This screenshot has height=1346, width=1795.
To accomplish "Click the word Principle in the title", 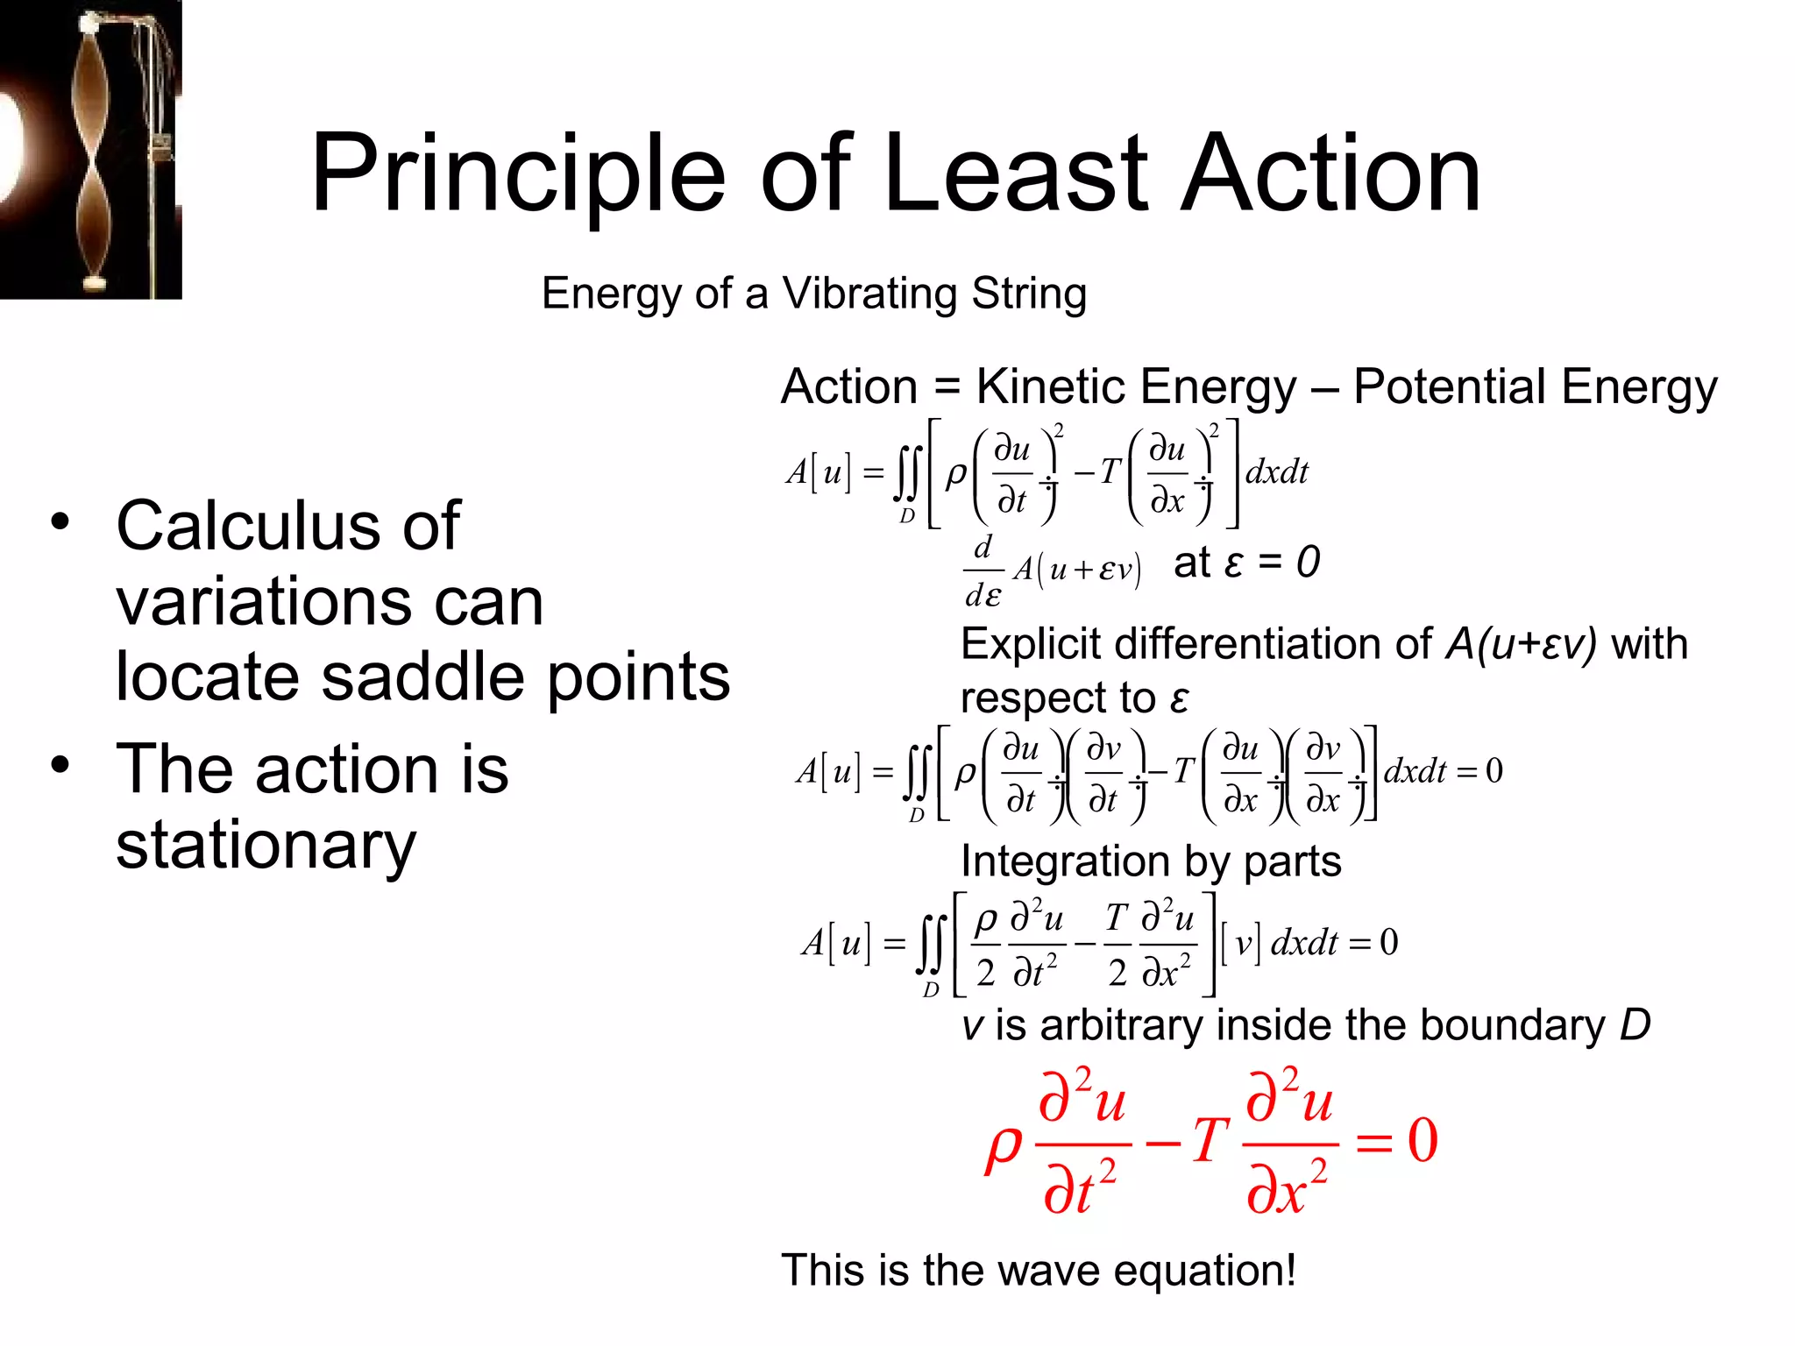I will pos(518,174).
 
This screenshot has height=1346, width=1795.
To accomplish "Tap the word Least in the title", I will pos(1015,174).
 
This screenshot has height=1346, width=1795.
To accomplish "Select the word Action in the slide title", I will pos(1330,174).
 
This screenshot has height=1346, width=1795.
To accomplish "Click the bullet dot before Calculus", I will pos(60,522).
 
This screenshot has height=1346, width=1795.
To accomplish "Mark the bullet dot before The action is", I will pos(60,765).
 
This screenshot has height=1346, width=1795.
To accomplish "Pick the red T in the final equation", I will pos(1210,1140).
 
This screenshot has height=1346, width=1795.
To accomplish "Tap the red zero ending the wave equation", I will pos(1423,1140).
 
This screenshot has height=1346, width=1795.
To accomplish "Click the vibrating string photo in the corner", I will pos(90,149).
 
